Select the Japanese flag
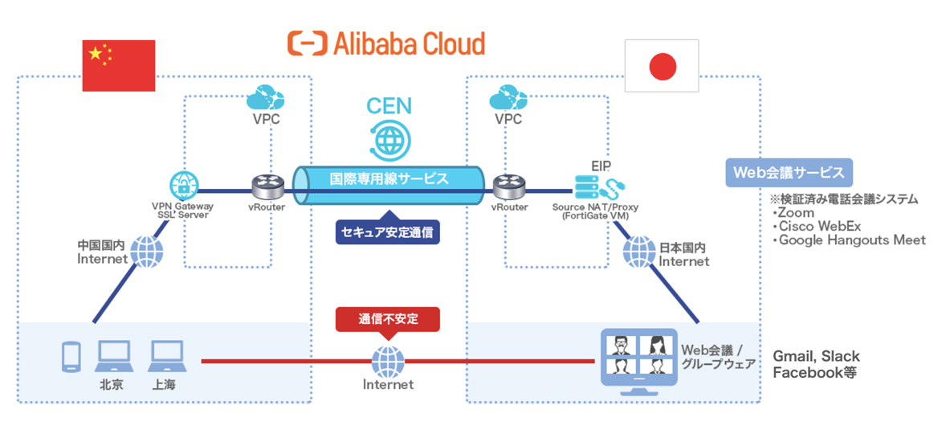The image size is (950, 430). point(662,67)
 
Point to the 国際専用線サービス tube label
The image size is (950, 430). point(389,178)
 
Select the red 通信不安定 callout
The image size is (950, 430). point(388,319)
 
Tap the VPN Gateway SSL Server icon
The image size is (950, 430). point(184,186)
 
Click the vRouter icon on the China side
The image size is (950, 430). point(267,186)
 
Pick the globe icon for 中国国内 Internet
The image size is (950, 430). point(145,252)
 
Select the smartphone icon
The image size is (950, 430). point(70,356)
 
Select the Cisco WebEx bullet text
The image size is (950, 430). point(812,227)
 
